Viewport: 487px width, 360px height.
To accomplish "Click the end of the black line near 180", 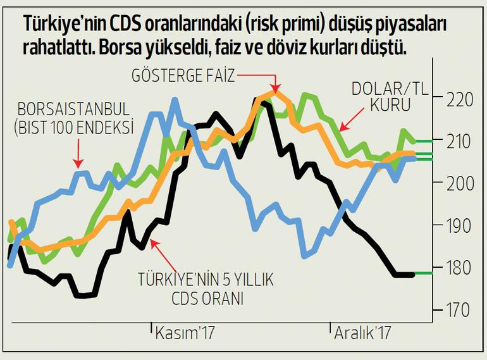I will (x=412, y=274).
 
